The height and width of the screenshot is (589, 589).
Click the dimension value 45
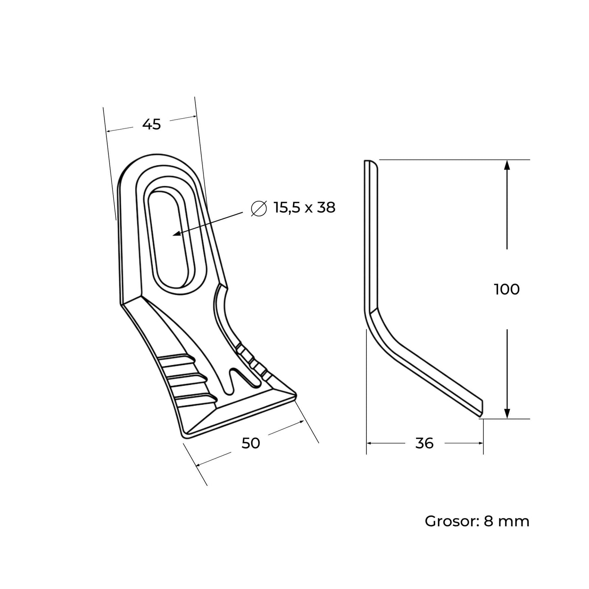click(x=152, y=124)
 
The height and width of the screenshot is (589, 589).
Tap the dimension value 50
click(x=251, y=443)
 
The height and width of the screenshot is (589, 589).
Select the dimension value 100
click(x=507, y=289)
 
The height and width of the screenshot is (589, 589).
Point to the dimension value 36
click(x=425, y=443)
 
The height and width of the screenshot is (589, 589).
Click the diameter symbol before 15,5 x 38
click(x=259, y=208)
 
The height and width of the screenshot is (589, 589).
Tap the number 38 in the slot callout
click(x=326, y=207)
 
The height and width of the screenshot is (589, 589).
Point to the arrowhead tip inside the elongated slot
click(x=173, y=235)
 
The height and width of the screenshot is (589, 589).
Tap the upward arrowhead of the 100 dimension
click(x=507, y=165)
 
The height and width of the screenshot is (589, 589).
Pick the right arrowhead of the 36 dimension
click(x=479, y=443)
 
